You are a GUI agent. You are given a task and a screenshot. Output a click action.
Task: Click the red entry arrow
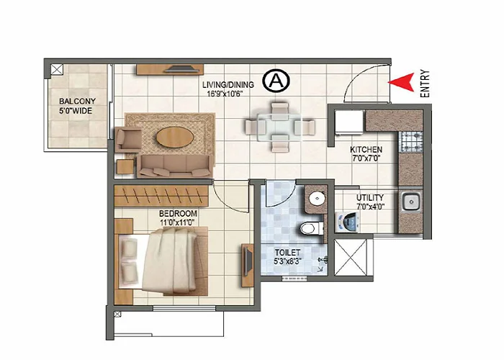(x=402, y=82)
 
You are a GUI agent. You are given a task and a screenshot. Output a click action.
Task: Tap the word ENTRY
(x=425, y=83)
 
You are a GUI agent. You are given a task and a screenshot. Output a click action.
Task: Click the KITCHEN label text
(x=366, y=150)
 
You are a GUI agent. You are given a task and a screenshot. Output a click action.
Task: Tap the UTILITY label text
(x=369, y=197)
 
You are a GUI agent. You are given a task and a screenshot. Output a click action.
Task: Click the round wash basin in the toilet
(x=315, y=199)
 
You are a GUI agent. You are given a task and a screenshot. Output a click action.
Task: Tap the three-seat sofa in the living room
(x=174, y=164)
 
